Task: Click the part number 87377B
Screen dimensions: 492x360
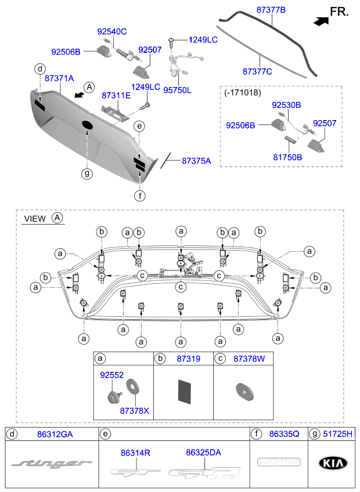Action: (272, 10)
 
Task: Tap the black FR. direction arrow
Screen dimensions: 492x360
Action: (320, 20)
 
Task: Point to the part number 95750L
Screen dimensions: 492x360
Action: (177, 90)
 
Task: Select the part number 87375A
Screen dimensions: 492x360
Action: (196, 160)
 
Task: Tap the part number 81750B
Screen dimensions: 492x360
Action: (287, 157)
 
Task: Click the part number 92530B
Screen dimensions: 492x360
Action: (287, 105)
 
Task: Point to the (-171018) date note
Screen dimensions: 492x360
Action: (243, 92)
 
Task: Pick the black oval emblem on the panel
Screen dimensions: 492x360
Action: (87, 125)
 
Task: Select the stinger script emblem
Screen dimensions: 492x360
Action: (52, 464)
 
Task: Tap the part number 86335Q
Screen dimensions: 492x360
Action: (283, 433)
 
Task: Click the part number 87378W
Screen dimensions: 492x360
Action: (249, 359)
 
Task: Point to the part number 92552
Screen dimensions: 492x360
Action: (111, 375)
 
